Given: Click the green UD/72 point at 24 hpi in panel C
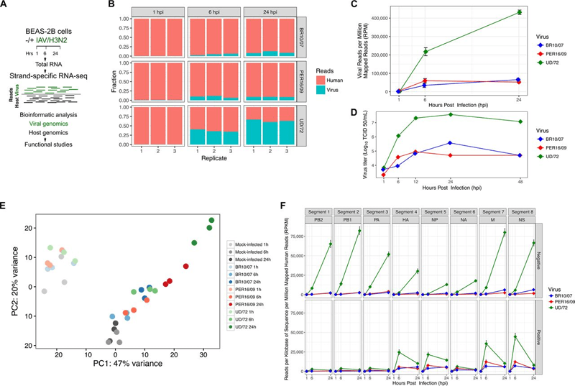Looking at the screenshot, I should coord(499,12).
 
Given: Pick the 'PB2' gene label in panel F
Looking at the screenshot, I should coord(321,224).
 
